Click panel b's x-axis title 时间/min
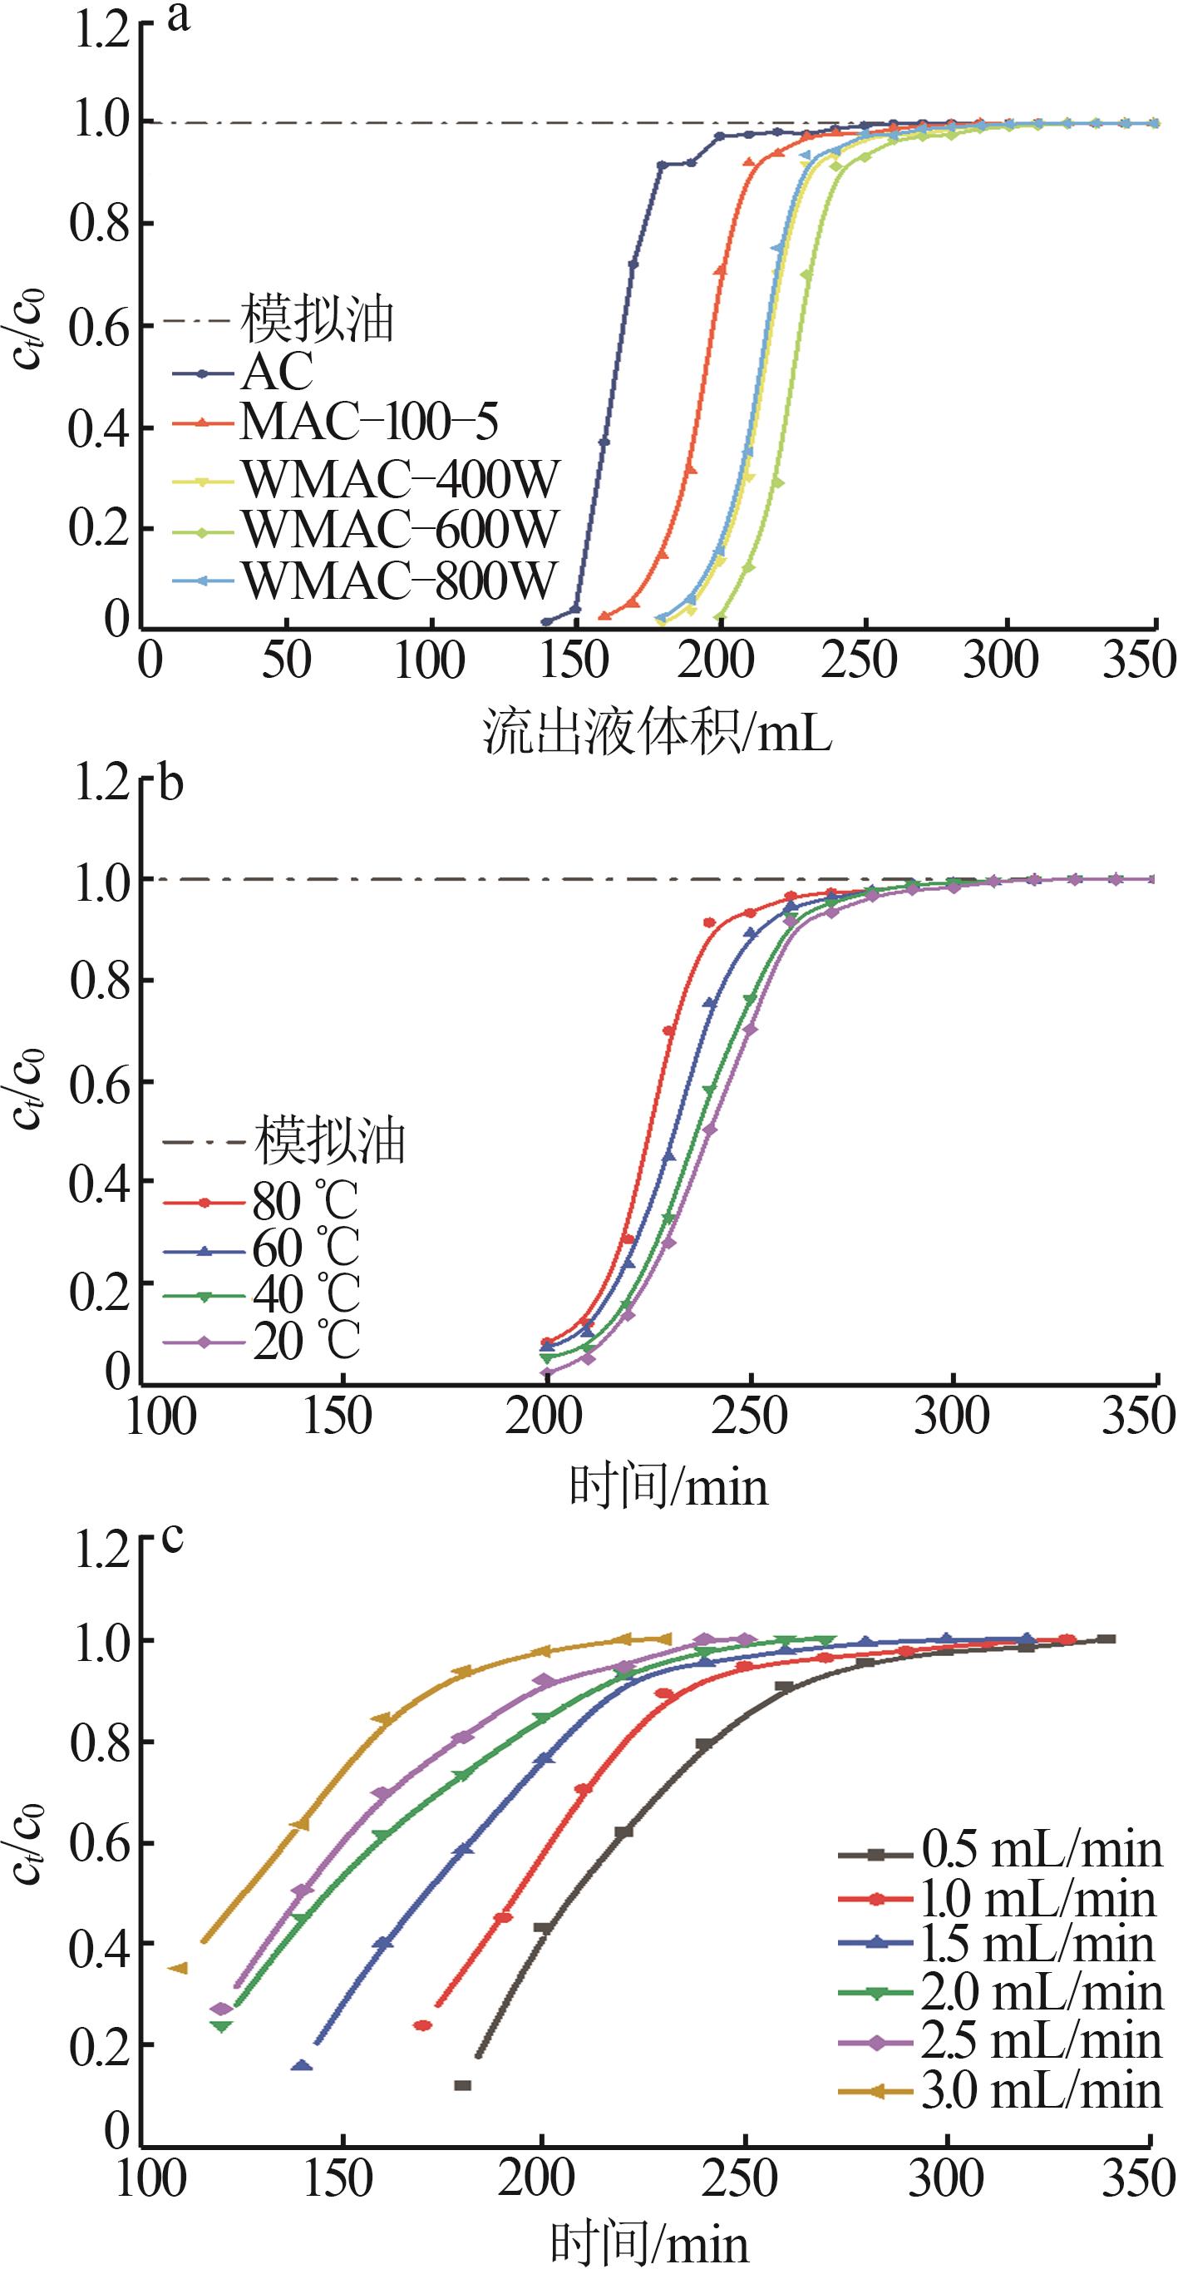[669, 1488]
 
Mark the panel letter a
[179, 17]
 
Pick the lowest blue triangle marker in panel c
[302, 2042]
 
